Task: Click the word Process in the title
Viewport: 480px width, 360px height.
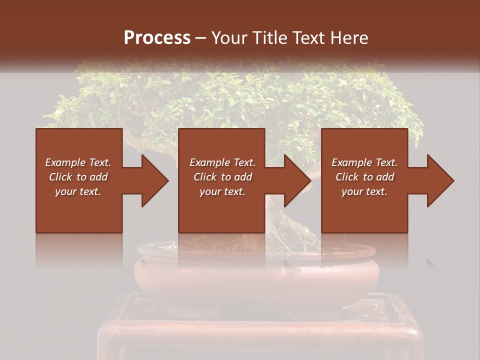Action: pyautogui.click(x=157, y=38)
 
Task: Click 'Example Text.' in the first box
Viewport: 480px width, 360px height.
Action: pyautogui.click(x=78, y=162)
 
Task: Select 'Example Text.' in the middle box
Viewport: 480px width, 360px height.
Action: pyautogui.click(x=222, y=162)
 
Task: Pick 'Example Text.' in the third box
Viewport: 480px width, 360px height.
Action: pyautogui.click(x=364, y=162)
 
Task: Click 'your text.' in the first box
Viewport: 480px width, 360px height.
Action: pyautogui.click(x=78, y=191)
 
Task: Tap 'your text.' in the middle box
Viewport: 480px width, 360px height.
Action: pyautogui.click(x=222, y=191)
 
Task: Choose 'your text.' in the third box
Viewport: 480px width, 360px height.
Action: pyautogui.click(x=364, y=191)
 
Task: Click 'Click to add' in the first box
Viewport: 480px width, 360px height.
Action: pyautogui.click(x=78, y=177)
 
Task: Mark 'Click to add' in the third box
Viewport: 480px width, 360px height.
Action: pyautogui.click(x=364, y=177)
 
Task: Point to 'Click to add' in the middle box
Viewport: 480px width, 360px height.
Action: pyautogui.click(x=222, y=177)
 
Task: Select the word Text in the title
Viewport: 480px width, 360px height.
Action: pyautogui.click(x=306, y=38)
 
